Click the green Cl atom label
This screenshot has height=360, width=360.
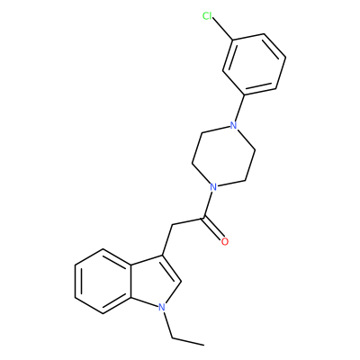click(x=207, y=16)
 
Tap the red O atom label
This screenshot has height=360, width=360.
click(x=224, y=241)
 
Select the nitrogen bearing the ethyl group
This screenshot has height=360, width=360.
click(x=162, y=307)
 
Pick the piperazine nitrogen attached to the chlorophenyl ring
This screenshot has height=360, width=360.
click(x=233, y=125)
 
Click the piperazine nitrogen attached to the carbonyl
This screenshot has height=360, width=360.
click(x=213, y=187)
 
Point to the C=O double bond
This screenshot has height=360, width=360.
click(x=213, y=228)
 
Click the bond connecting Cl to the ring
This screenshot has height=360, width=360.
click(x=222, y=29)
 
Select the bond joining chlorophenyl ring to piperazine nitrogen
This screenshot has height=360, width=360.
click(x=240, y=108)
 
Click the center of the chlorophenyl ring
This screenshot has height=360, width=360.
click(x=254, y=65)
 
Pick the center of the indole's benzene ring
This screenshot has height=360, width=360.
click(x=103, y=282)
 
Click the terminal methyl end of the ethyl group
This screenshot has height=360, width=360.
click(x=204, y=345)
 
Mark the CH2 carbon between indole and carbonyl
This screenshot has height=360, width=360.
click(x=172, y=225)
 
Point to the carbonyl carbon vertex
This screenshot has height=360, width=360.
click(x=204, y=217)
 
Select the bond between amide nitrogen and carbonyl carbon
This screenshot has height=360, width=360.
click(x=208, y=204)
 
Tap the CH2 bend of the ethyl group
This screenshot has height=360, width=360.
click(x=173, y=338)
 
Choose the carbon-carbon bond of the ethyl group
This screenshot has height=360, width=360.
click(x=188, y=342)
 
